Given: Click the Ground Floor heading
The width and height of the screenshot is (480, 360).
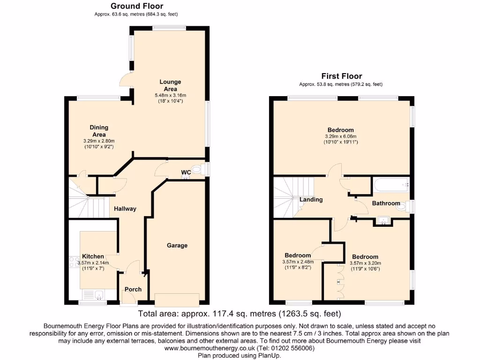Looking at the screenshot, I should coord(137,6).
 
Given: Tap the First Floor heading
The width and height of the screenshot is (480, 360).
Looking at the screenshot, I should coord(341,76).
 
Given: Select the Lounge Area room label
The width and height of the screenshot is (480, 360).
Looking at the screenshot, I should coord(169,85).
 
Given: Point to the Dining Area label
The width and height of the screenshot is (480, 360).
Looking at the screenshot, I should coord(99,130).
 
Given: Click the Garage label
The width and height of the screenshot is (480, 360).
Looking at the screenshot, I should coord(177,245).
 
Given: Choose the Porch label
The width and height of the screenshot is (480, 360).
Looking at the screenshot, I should coord(133,289).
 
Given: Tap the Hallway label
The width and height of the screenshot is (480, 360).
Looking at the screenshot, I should coord(125,209).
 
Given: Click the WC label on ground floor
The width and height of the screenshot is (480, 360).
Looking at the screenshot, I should coord(186,172).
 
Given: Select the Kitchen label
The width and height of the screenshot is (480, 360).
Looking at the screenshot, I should coord(93,256).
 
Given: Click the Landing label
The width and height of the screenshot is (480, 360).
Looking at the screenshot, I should coord(311,199).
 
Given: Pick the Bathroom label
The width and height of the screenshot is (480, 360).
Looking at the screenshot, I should coord(386,203).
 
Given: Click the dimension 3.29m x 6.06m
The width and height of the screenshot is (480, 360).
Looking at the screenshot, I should coord(340,136).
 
